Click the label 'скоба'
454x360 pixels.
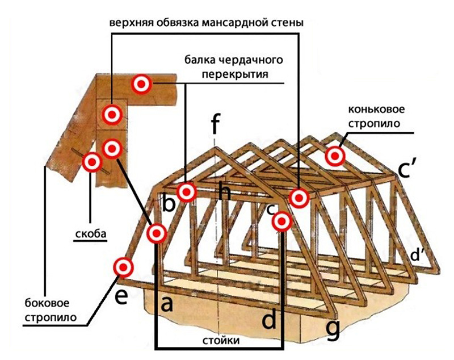[91, 233]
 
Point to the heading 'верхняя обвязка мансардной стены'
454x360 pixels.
[207, 23]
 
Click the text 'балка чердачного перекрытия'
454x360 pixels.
[233, 66]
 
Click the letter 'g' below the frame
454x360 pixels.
[334, 328]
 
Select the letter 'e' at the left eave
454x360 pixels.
[120, 296]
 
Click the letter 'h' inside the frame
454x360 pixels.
[225, 194]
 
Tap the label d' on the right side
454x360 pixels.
[419, 256]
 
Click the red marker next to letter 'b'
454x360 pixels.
[186, 192]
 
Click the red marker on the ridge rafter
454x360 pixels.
[335, 155]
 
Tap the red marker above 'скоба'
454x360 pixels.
[91, 163]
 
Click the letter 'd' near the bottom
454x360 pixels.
[269, 321]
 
